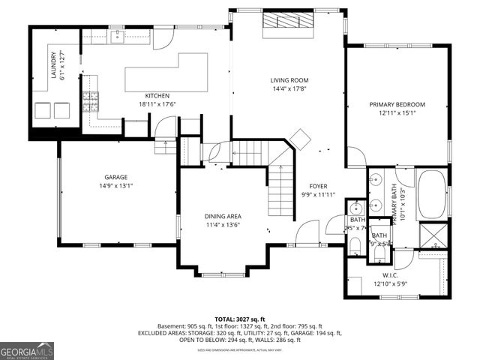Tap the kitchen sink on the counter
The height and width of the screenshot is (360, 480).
click(x=118, y=35)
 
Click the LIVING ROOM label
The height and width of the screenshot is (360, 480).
click(x=289, y=80)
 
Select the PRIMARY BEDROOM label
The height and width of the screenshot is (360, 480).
click(x=397, y=104)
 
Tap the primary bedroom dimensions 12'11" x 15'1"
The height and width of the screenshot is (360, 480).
click(x=397, y=113)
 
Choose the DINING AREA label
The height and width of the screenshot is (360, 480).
click(x=223, y=216)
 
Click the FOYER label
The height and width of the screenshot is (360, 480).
click(x=319, y=186)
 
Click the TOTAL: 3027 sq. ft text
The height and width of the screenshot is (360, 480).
click(x=241, y=319)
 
